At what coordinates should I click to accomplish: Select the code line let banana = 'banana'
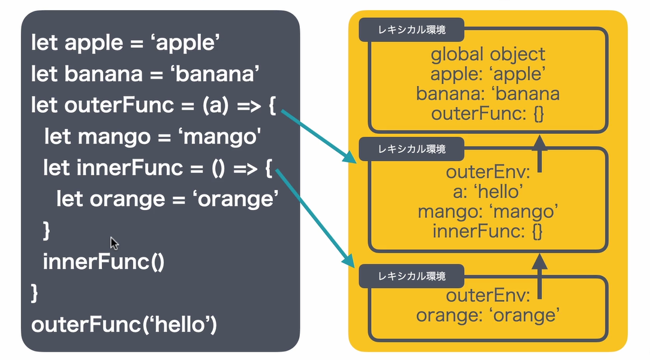[145, 74]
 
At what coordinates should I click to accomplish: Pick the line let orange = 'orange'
[167, 199]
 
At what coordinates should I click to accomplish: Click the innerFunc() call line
[103, 262]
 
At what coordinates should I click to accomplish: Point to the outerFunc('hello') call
[124, 325]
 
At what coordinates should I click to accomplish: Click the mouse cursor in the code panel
[114, 242]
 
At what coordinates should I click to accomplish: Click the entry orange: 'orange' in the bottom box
[487, 314]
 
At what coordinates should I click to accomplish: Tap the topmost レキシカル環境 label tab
[411, 28]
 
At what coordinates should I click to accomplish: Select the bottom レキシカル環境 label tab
[411, 276]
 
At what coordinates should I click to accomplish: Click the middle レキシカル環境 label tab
[411, 148]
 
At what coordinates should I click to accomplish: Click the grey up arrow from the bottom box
[540, 277]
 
